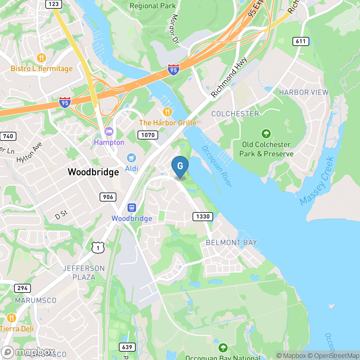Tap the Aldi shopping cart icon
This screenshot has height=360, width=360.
(131, 158)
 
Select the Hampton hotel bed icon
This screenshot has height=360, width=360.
(109, 131)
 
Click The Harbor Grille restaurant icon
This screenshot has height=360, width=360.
(167, 112)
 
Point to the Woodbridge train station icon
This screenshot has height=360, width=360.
(131, 208)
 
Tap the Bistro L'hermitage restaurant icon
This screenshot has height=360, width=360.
(41, 58)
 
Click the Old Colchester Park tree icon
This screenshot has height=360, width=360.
(266, 133)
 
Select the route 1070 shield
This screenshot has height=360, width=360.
(148, 135)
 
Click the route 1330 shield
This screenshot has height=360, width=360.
(203, 216)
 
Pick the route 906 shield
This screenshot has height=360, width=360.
(108, 197)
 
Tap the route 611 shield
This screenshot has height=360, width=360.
(301, 41)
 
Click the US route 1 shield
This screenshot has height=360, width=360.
(98, 248)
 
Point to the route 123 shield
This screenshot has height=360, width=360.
(53, 4)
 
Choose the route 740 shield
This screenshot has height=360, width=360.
(8, 136)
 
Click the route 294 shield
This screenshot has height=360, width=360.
(22, 288)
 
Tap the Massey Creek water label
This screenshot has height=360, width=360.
(317, 181)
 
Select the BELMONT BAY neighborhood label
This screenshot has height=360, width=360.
(231, 243)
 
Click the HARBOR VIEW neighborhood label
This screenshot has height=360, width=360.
(304, 93)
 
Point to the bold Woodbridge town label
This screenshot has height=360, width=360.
(93, 172)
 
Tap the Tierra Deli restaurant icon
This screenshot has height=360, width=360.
(11, 318)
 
